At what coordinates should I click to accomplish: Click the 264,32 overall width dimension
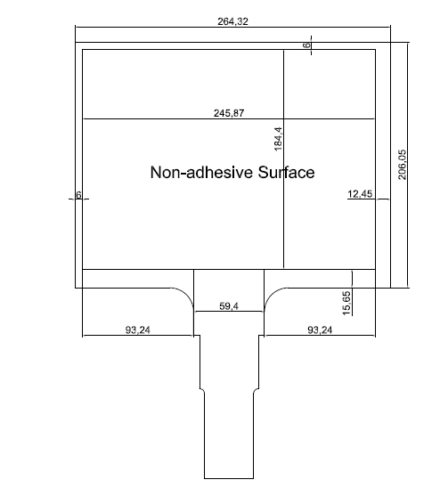(232, 21)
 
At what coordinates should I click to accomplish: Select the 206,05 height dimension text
(402, 165)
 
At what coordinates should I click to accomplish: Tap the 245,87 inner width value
(229, 113)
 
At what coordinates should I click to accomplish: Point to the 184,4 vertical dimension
(279, 139)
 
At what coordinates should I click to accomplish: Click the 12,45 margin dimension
(360, 194)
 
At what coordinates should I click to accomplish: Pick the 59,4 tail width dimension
(229, 306)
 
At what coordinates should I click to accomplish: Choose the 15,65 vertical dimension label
(346, 303)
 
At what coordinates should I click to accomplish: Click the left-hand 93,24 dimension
(138, 329)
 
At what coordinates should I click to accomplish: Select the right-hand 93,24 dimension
(320, 329)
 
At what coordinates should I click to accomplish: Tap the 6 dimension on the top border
(307, 45)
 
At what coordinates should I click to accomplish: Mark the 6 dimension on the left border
(78, 195)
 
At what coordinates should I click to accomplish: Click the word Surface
(286, 172)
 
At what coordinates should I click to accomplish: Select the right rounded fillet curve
(271, 294)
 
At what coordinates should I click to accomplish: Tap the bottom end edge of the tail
(229, 479)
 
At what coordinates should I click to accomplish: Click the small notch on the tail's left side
(202, 391)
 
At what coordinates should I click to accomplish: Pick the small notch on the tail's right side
(256, 391)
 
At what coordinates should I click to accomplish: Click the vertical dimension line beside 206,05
(408, 165)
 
